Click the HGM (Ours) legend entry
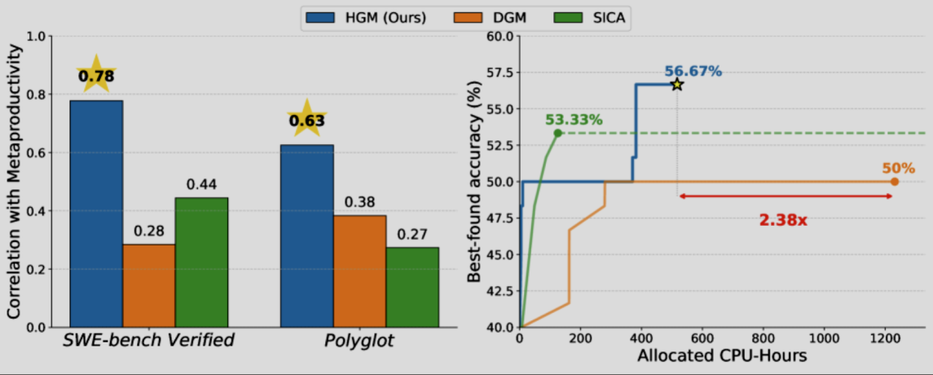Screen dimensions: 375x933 pos(366,15)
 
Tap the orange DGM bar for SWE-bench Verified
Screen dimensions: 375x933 pos(148,285)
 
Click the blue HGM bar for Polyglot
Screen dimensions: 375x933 pos(306,236)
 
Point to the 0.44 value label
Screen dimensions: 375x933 pos(200,185)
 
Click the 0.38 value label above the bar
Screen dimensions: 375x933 pos(359,202)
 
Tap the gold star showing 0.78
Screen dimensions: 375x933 pos(96,76)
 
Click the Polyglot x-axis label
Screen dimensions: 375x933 pos(359,341)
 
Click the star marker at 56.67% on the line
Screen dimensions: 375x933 pos(676,85)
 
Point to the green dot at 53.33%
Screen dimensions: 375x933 pos(558,133)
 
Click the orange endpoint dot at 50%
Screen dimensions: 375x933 pos(894,182)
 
